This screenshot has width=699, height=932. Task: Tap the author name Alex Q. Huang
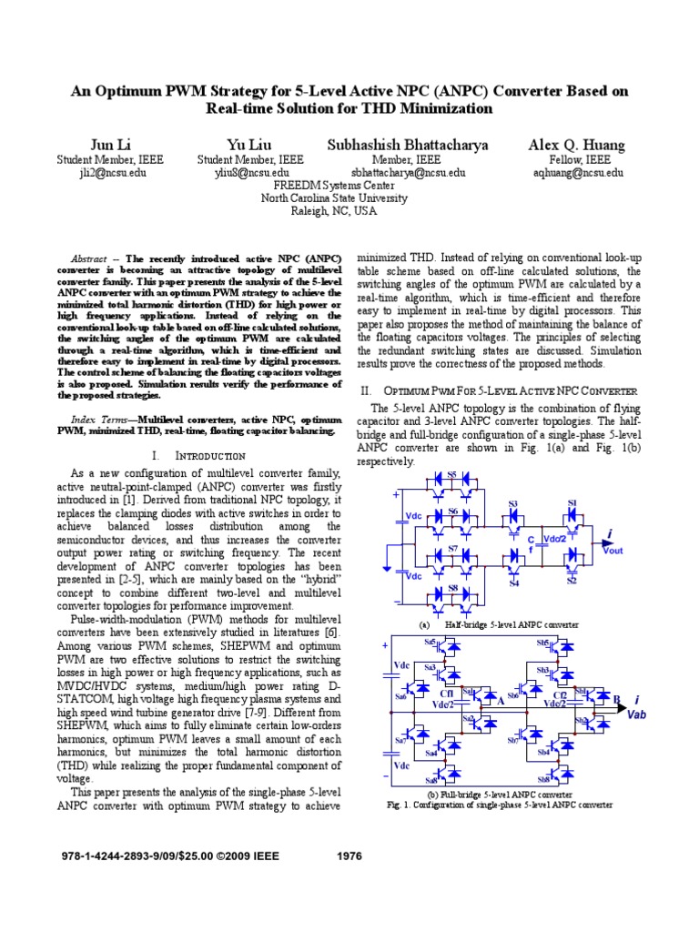[x=578, y=145]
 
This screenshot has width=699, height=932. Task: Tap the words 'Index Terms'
[x=97, y=419]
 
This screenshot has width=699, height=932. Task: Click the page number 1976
[x=349, y=856]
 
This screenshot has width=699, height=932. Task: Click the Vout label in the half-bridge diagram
[x=614, y=551]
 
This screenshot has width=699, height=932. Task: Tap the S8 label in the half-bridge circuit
[x=452, y=590]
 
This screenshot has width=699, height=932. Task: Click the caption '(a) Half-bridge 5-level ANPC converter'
[x=498, y=625]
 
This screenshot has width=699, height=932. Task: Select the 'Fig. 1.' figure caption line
[x=499, y=805]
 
